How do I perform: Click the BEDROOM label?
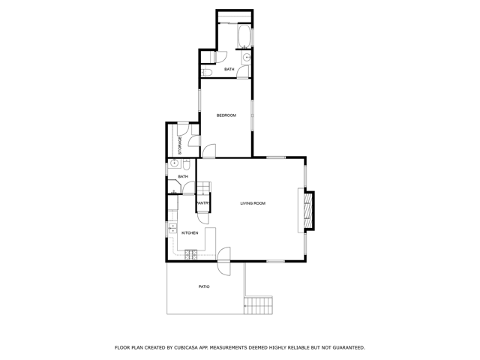pos(226,115)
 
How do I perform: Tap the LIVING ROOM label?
pos(253,203)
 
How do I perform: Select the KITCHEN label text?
pos(190,232)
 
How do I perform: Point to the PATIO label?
pos(204,286)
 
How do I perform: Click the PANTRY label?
pos(202,203)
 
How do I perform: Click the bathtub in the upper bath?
pos(244,35)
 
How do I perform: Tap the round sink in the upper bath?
pos(247,57)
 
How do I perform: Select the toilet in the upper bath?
pos(207,73)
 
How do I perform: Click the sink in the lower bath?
pos(174,163)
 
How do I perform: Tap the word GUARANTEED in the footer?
pos(346,347)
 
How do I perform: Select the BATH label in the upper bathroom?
pos(229,70)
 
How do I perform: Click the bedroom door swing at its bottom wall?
pos(208,151)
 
